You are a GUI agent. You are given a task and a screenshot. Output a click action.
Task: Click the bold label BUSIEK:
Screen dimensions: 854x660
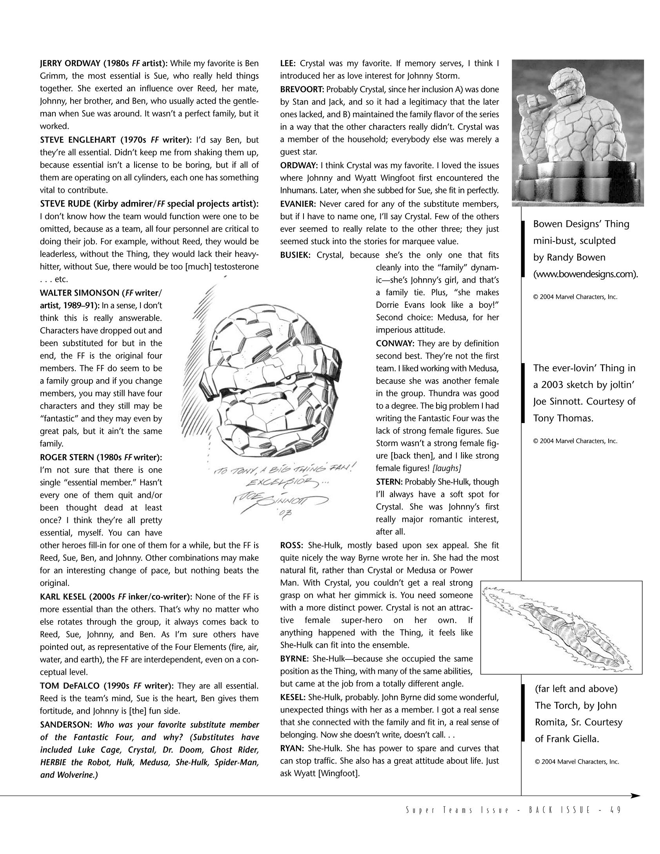295,255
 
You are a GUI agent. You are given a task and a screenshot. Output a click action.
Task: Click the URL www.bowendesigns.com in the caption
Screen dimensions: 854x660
585,274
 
